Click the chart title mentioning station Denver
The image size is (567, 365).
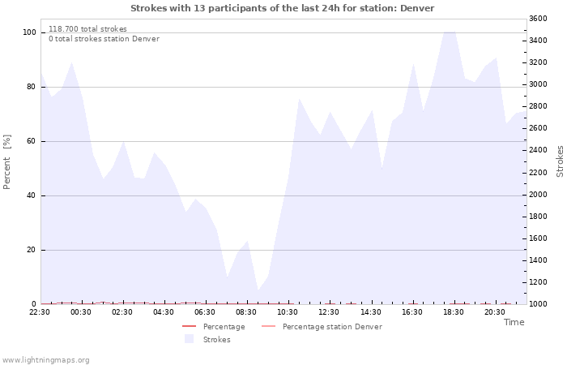click(282, 8)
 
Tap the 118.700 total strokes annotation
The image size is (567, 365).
click(87, 29)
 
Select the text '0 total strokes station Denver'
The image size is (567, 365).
click(104, 39)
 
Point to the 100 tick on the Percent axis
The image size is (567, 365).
click(29, 32)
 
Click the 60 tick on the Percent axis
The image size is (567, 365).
click(32, 141)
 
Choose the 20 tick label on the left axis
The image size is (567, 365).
click(32, 250)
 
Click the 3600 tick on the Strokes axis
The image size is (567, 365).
click(538, 19)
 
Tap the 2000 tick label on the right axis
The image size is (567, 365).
click(538, 195)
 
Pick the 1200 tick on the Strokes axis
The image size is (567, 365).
click(538, 282)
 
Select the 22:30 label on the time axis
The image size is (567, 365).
click(40, 312)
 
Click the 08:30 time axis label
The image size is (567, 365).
click(246, 312)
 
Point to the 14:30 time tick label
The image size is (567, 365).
click(371, 312)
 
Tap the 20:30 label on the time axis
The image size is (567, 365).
click(495, 312)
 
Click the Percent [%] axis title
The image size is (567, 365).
click(6, 162)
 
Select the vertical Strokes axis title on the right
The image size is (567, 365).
click(560, 161)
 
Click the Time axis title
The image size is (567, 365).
click(514, 322)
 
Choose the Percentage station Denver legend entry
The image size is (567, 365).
click(322, 327)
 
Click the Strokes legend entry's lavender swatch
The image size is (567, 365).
click(189, 339)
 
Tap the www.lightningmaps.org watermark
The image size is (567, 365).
click(45, 360)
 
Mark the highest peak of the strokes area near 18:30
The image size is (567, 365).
click(449, 32)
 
